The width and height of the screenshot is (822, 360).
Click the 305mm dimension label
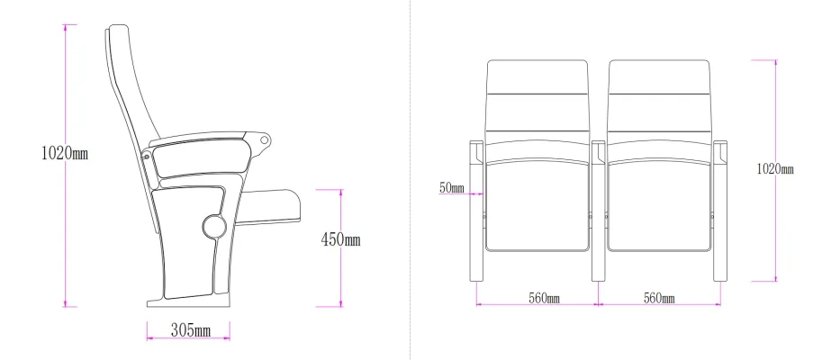click(x=190, y=330)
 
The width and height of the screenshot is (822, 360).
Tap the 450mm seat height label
click(x=340, y=240)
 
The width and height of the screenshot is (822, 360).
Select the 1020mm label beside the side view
click(x=65, y=153)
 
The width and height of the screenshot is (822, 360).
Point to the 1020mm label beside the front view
click(x=775, y=168)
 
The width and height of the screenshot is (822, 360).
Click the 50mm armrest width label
click(x=451, y=187)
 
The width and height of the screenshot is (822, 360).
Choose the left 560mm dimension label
click(x=544, y=298)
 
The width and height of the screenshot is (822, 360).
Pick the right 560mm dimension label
click(x=659, y=298)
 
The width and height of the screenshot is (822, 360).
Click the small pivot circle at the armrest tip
click(x=266, y=139)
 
